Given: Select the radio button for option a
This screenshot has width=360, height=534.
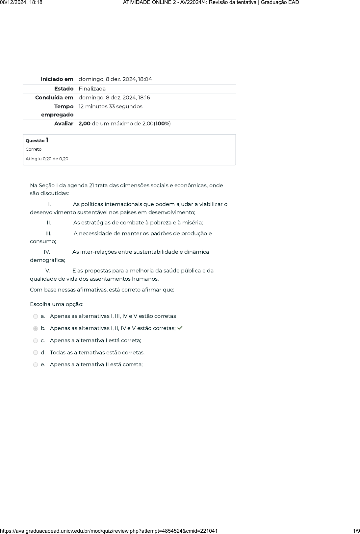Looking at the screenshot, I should coord(36,317).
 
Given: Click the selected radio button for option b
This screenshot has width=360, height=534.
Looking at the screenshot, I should coord(36,329).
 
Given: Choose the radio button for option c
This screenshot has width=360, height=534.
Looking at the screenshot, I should coord(36,341).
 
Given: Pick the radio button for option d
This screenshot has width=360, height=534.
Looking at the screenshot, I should coord(36,353).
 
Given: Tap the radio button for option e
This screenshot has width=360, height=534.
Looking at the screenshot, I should coord(36,365).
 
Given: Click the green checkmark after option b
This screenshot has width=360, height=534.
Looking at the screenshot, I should coord(180,328).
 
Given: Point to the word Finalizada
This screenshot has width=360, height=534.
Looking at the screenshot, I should coord(92,89).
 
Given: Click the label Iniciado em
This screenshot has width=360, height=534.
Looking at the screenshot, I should coord(57,79).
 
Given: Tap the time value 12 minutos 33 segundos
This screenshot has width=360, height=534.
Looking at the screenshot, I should coord(111,107).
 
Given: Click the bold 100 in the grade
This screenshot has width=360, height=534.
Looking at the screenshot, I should coord(160,124).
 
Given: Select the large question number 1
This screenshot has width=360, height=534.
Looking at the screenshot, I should coord(47,140).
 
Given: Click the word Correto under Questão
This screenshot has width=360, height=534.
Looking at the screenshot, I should coord(34,149).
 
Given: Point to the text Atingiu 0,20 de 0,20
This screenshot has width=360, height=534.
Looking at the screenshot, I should coord(47,159).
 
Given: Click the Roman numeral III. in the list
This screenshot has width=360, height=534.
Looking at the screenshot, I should coord(48,234).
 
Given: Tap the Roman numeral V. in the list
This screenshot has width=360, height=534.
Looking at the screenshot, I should coord(48,271).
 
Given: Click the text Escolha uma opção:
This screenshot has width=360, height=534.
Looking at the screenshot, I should coord(57,304).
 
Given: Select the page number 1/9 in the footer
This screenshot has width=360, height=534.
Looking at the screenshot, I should coord(356,531).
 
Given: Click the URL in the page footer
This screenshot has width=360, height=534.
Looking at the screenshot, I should coord(109,531).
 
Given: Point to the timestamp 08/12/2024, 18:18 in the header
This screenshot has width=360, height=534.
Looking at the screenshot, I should coord(21,3).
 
